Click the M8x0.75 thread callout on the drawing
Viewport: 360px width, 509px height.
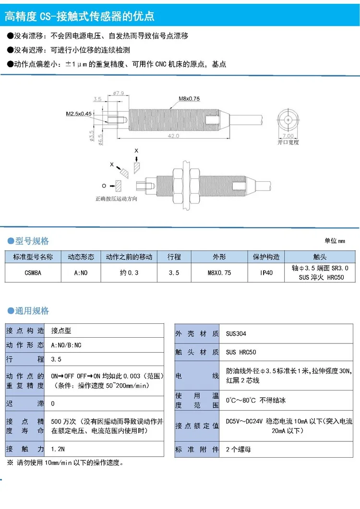point(189,99)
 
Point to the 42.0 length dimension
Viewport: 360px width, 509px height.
point(173,136)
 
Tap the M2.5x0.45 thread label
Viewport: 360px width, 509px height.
point(79,114)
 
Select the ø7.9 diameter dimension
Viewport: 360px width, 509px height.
point(119,93)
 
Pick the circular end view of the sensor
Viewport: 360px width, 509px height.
point(288,120)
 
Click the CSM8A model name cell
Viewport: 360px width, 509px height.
point(33,272)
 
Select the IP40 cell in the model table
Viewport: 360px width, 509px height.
point(266,272)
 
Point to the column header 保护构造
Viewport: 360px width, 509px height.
point(266,257)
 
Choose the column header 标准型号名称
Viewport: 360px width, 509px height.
point(33,257)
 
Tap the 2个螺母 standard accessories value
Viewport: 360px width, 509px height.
point(239,450)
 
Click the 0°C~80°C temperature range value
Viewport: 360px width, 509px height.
point(259,400)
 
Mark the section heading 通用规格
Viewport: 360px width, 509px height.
point(32,311)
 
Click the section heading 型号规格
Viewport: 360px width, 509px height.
point(32,241)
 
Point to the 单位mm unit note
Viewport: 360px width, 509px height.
point(335,241)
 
